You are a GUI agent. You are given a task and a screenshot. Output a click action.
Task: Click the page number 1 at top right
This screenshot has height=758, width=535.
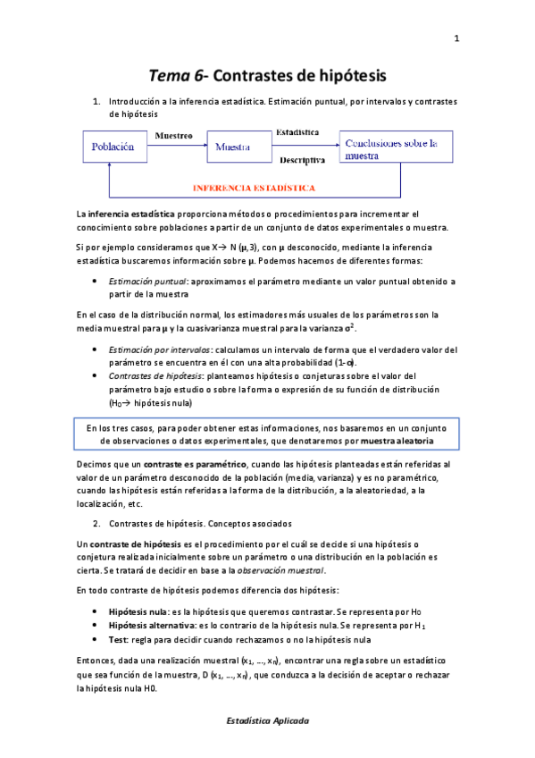pos(456,38)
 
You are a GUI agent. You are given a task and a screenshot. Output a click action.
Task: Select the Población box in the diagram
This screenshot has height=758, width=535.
pos(114,147)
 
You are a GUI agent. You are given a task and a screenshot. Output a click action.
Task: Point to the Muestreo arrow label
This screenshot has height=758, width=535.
pos(174,136)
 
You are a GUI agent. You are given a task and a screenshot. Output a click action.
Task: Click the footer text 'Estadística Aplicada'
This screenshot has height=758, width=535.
pos(267,720)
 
